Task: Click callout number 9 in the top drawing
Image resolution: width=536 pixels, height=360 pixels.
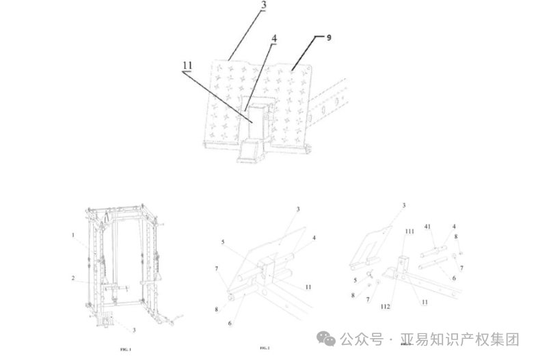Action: click(x=329, y=38)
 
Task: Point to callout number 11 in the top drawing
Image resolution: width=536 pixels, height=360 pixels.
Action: click(x=187, y=66)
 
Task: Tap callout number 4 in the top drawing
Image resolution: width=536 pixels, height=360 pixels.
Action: click(x=273, y=38)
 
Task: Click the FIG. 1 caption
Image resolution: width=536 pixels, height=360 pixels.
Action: click(x=125, y=349)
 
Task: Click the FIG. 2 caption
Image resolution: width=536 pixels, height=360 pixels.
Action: click(x=265, y=348)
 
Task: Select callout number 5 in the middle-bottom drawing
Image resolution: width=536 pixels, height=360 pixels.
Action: click(x=222, y=242)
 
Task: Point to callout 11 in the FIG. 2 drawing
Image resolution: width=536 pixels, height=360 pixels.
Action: click(x=308, y=287)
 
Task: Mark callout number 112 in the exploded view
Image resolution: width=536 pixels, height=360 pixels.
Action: click(x=386, y=307)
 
